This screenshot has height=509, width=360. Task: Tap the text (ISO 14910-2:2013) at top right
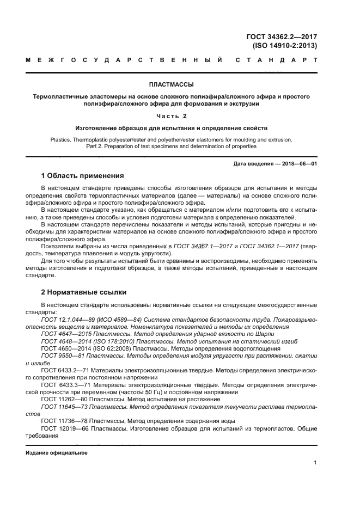(x=285, y=46)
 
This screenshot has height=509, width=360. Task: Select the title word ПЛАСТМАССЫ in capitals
(x=172, y=84)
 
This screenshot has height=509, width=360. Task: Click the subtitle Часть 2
(x=172, y=116)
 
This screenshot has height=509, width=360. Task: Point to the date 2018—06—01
(x=298, y=164)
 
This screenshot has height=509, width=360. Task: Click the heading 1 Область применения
(x=82, y=176)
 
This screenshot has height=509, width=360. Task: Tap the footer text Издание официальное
(x=57, y=453)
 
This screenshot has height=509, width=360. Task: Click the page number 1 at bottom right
(x=315, y=463)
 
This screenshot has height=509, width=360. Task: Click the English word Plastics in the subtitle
(x=60, y=139)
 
